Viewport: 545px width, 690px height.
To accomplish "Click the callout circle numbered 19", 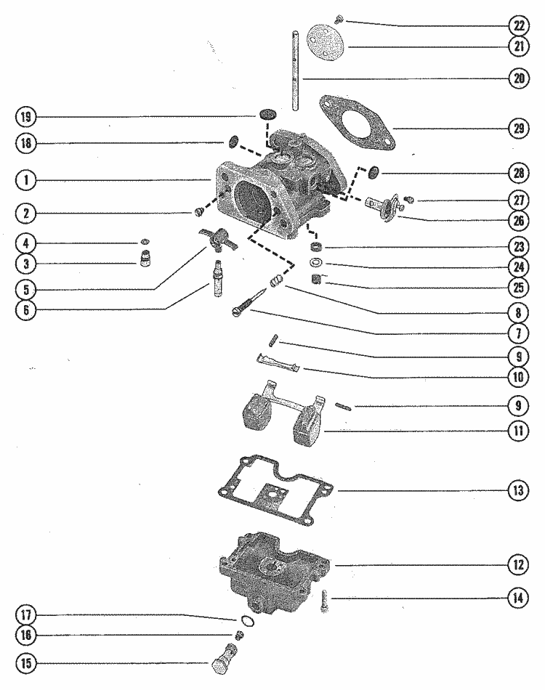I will pos(27,116).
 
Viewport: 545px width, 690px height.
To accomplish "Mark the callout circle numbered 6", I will pos(27,310).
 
